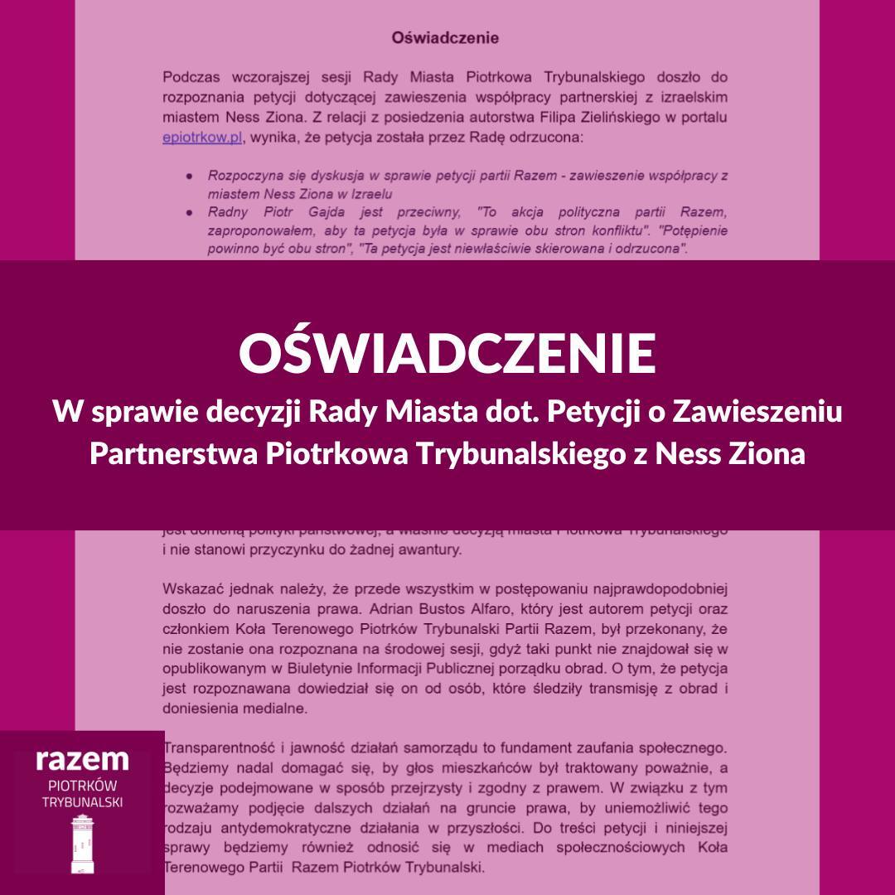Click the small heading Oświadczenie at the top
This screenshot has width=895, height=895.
(x=445, y=38)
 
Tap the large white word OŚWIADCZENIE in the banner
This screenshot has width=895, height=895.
(x=447, y=353)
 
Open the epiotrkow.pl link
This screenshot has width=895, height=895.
(x=202, y=138)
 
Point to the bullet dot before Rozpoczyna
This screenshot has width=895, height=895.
(x=190, y=176)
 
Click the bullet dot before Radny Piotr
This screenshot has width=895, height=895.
(x=190, y=211)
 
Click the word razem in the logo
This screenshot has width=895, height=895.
(x=82, y=759)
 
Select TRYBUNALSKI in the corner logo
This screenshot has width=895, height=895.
(x=82, y=801)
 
